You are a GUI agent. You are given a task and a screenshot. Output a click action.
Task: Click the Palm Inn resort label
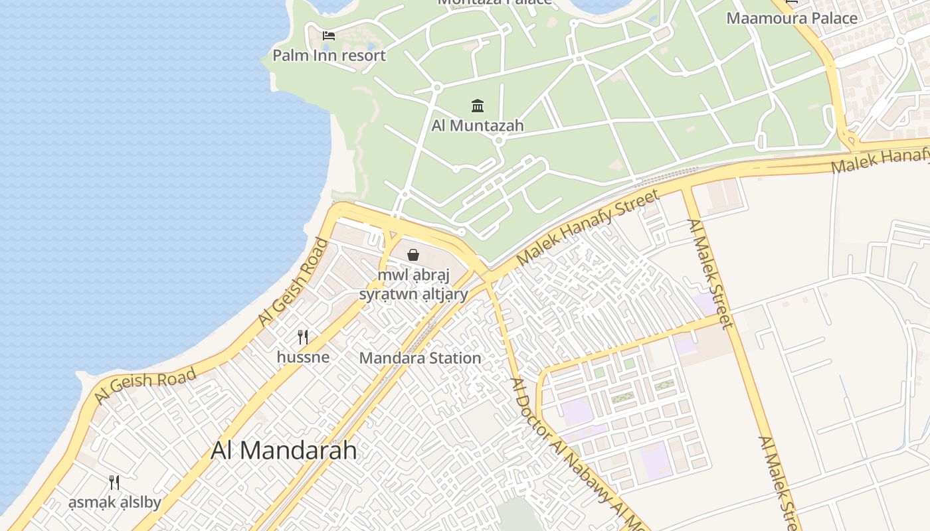click(x=329, y=55)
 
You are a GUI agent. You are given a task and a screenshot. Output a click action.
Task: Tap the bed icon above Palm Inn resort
click(x=329, y=35)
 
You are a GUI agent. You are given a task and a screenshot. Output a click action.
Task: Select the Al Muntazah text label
click(x=478, y=125)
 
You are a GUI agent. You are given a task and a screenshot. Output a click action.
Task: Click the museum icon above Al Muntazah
click(x=478, y=106)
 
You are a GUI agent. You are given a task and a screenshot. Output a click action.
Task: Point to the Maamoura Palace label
click(x=792, y=18)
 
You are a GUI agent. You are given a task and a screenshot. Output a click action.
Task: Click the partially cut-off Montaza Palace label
click(x=494, y=2)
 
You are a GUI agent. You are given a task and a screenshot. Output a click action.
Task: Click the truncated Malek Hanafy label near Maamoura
click(x=880, y=160)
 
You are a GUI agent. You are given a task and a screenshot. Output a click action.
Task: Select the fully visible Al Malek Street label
click(x=710, y=273)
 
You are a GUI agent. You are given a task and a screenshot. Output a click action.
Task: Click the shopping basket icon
click(x=413, y=255)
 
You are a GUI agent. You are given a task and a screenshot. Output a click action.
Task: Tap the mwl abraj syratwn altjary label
click(x=413, y=284)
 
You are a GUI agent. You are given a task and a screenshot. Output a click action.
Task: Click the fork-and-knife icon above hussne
click(x=303, y=337)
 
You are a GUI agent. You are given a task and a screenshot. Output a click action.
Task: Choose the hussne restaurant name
click(x=303, y=357)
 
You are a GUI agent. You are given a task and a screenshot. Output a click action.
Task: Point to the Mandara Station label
click(x=420, y=358)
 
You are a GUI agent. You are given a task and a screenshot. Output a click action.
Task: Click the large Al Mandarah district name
click(x=284, y=451)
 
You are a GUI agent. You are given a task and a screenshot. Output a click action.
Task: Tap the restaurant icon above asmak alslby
click(x=114, y=483)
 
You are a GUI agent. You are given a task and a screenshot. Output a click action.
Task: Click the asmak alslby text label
click(x=114, y=502)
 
